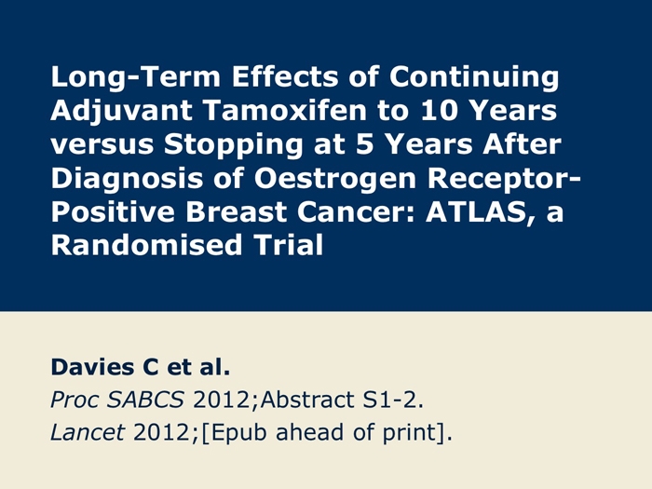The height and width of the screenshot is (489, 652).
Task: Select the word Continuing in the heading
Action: (x=474, y=77)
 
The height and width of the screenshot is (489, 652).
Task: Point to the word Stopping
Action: (x=233, y=145)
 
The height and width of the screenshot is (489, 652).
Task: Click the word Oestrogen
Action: (x=335, y=179)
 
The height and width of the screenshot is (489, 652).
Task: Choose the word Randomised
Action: (x=146, y=245)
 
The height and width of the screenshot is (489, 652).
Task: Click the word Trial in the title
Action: (x=289, y=245)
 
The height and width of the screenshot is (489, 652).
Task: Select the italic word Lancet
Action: (x=88, y=432)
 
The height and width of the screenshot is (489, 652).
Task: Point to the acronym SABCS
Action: (x=145, y=400)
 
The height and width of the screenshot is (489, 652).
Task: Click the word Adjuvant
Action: (x=121, y=112)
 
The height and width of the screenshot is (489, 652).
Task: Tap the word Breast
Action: (x=236, y=212)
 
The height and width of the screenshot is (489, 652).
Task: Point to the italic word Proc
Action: (x=74, y=400)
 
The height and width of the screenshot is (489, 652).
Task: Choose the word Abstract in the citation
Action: (x=306, y=400)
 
